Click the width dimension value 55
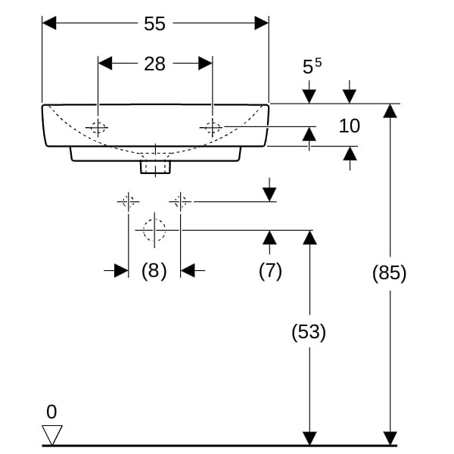[154, 23]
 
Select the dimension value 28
[154, 64]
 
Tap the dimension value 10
[349, 126]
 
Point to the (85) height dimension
[390, 273]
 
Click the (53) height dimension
[309, 331]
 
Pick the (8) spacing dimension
[154, 271]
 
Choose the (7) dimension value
[270, 271]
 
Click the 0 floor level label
[51, 412]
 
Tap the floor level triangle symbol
[52, 434]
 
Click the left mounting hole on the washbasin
[98, 128]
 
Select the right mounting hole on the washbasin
[213, 128]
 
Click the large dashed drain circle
[154, 229]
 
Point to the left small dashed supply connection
[128, 201]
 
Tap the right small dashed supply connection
[180, 201]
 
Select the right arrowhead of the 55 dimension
[262, 23]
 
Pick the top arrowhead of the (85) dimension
[390, 110]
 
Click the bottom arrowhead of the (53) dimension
[309, 438]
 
